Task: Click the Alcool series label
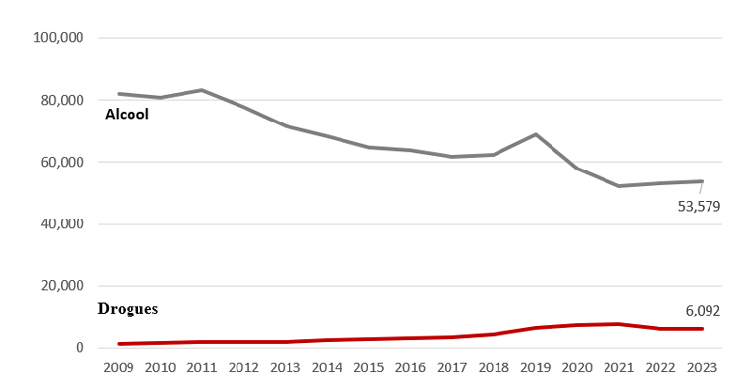pyautogui.click(x=127, y=115)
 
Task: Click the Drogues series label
pyautogui.click(x=128, y=308)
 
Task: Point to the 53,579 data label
pyautogui.click(x=700, y=206)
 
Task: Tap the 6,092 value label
pyautogui.click(x=704, y=311)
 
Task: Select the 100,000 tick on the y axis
pyautogui.click(x=61, y=38)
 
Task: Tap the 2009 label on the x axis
pyautogui.click(x=119, y=367)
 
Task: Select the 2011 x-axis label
pyautogui.click(x=202, y=367)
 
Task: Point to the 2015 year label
pyautogui.click(x=369, y=367)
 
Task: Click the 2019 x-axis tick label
pyautogui.click(x=536, y=367)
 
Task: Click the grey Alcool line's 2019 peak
pyautogui.click(x=536, y=134)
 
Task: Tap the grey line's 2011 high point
pyautogui.click(x=202, y=90)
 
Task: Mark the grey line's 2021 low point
pyautogui.click(x=619, y=186)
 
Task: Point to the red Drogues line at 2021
pyautogui.click(x=619, y=324)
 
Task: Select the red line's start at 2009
pyautogui.click(x=119, y=344)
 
